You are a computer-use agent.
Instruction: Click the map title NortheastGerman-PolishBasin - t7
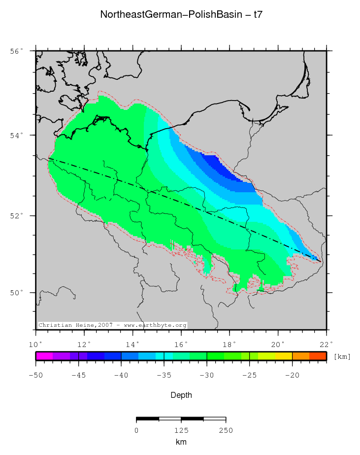click(181, 14)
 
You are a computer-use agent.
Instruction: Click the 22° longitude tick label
click(327, 344)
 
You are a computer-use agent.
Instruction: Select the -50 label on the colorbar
click(35, 375)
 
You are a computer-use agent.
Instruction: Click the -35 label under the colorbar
click(164, 375)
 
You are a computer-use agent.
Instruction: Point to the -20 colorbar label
click(292, 375)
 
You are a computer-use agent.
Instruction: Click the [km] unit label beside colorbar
click(342, 356)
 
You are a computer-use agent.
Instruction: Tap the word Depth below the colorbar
click(181, 395)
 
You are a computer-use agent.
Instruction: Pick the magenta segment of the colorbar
click(44, 356)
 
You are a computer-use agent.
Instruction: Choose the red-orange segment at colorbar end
click(318, 356)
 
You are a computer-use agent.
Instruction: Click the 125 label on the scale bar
click(181, 430)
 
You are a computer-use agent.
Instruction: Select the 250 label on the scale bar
click(226, 430)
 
